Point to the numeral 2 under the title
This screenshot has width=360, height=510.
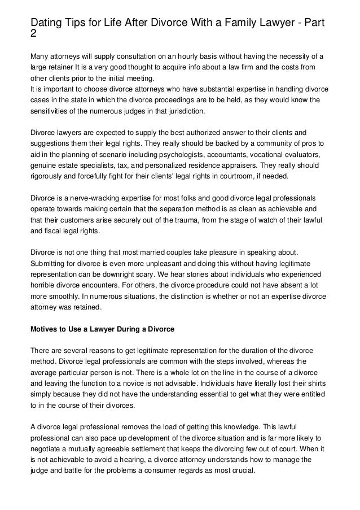(x=33, y=34)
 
